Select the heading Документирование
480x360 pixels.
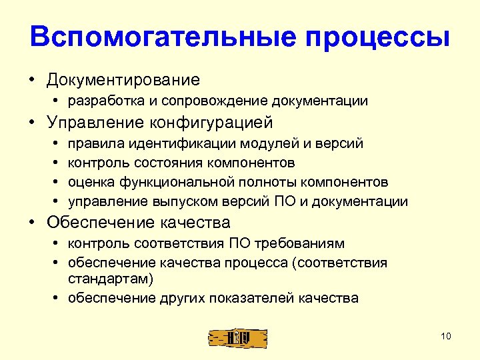coord(123,80)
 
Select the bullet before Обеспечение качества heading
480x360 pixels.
coord(33,222)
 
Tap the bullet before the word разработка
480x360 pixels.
coord(59,101)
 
